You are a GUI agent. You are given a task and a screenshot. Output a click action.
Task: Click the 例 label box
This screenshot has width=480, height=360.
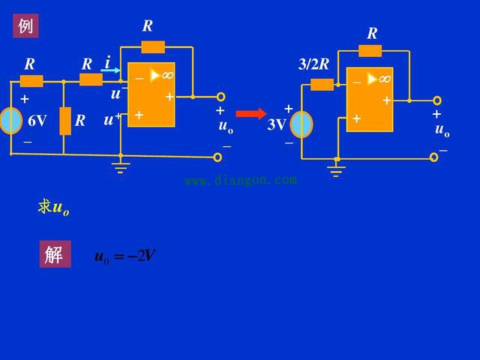click(25, 26)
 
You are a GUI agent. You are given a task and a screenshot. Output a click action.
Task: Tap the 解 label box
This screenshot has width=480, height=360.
click(55, 254)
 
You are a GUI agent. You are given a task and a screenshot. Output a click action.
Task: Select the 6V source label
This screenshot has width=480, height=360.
click(37, 121)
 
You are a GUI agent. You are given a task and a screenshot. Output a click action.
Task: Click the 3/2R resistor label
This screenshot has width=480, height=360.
click(313, 64)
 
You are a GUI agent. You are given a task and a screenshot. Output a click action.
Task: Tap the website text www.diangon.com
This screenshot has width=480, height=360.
click(240, 180)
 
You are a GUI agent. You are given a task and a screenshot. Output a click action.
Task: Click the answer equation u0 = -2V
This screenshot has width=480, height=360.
click(124, 256)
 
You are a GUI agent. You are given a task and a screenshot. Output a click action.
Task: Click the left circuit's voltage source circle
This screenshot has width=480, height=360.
click(10, 121)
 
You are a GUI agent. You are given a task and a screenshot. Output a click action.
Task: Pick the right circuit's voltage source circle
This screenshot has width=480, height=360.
click(301, 124)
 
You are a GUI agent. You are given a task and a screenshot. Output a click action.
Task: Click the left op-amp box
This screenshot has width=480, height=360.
click(151, 95)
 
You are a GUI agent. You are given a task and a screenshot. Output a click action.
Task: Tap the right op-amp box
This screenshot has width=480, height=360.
click(370, 99)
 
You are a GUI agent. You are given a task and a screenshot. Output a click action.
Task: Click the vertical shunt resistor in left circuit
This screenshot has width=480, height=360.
click(64, 121)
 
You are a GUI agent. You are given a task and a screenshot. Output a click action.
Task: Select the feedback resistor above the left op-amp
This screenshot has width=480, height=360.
click(153, 47)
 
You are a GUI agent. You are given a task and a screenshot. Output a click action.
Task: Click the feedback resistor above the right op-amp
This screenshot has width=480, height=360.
click(370, 51)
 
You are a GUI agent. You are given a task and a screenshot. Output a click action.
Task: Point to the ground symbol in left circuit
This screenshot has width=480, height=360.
click(121, 166)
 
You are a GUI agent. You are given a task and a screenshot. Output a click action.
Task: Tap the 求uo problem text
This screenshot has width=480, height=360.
click(54, 208)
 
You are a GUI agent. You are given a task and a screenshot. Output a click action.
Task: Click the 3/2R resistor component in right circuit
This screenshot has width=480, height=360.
click(322, 84)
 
